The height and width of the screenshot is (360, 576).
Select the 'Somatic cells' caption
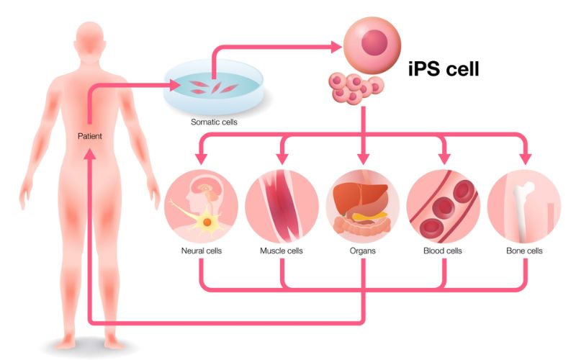(x=214, y=122)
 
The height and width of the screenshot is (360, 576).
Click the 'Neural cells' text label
(x=201, y=252)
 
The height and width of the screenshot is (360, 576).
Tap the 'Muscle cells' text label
(x=282, y=252)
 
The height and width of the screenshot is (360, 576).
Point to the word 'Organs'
(x=363, y=252)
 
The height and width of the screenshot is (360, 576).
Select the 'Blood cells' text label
(x=444, y=252)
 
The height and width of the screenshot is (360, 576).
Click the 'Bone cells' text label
(x=524, y=252)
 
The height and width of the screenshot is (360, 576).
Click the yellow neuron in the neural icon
(x=207, y=222)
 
